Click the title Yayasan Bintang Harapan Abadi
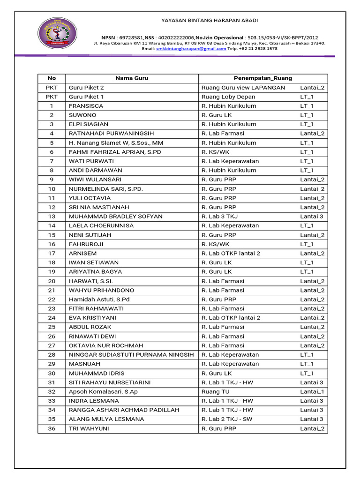[x=210, y=20]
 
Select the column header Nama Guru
[x=132, y=78]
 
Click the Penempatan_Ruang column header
[x=262, y=78]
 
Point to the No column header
[x=52, y=78]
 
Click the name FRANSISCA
[x=86, y=106]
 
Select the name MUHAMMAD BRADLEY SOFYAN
[x=115, y=217]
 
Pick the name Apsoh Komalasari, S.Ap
[x=103, y=391]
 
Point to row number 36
[x=52, y=428]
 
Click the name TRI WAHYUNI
[x=89, y=428]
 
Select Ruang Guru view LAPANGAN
[x=243, y=88]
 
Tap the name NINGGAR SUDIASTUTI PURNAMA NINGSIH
[x=131, y=355]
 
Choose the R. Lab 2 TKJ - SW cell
[x=227, y=419]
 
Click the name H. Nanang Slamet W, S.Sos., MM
[x=116, y=143]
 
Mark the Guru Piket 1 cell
[x=86, y=97]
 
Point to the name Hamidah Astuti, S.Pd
[x=99, y=300]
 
